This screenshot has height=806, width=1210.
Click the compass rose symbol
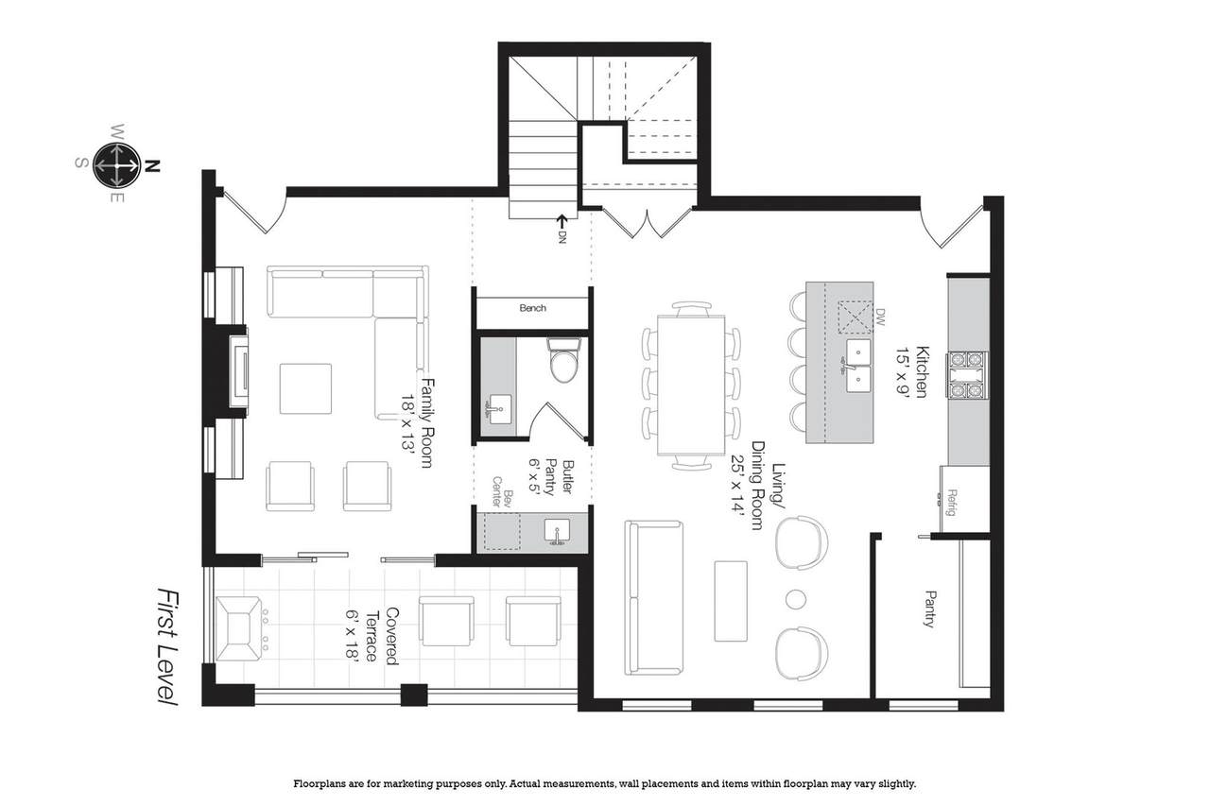point(116,165)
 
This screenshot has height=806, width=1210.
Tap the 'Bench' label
point(532,308)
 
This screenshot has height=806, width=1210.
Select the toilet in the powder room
point(564,360)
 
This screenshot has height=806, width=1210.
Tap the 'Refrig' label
point(952,503)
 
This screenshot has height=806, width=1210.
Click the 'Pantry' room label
point(930,609)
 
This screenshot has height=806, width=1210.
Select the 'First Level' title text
point(167,646)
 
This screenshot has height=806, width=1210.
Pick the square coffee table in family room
point(305,388)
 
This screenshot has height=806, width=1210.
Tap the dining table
point(691,385)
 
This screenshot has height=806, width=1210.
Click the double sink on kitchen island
point(858,366)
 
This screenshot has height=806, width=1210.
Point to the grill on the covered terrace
point(238,628)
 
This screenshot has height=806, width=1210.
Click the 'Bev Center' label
point(501,491)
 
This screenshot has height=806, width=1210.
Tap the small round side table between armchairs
point(795,599)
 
